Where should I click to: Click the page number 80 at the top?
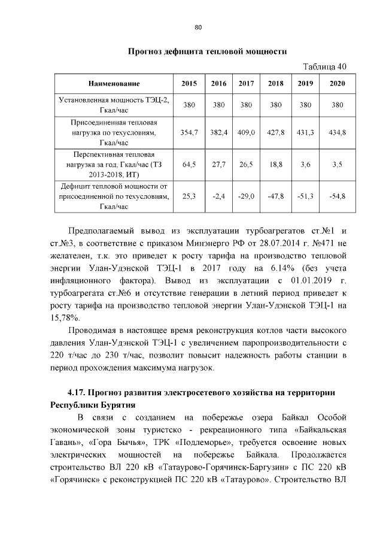pos(198,26)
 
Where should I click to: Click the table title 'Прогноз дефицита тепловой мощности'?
pos(205,52)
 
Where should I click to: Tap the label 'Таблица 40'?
pos(323,66)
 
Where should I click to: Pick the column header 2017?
pos(247,83)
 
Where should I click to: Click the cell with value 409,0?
pos(247,132)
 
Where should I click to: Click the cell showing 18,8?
pos(276,164)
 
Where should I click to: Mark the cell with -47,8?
pos(276,196)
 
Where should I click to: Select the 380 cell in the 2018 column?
pos(276,105)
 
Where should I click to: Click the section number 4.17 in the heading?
pos(78,392)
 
